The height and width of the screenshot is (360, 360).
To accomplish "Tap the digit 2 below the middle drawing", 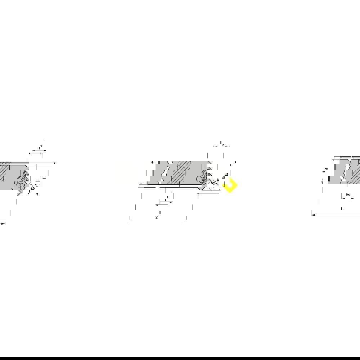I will tap(157, 217).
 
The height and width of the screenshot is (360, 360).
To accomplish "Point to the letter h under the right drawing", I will tap(347, 195).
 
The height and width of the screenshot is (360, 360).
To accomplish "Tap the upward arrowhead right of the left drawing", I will tap(55, 164).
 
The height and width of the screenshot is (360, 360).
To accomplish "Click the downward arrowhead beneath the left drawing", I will tap(37, 194).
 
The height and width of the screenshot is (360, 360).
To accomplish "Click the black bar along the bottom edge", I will tap(180, 358).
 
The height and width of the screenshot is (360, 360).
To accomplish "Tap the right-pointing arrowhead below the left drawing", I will tap(3, 224).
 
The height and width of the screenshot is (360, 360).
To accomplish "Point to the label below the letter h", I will tap(343, 208).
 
